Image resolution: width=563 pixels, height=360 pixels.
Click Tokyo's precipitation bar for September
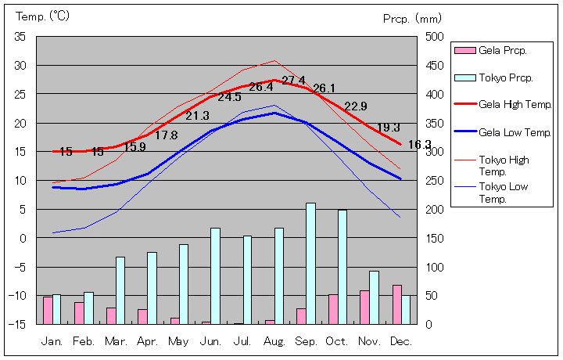point(310,263)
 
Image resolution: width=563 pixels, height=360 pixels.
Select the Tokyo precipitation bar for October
point(342,266)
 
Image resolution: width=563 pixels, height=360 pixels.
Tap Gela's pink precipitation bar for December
point(396,304)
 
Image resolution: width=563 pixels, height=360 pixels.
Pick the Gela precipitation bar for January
point(48,310)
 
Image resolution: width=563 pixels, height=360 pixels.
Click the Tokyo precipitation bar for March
point(120,290)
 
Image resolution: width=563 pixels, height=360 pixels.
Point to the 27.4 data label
point(293,81)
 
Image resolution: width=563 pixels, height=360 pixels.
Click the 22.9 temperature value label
point(356,106)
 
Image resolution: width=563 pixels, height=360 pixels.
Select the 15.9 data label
point(134,146)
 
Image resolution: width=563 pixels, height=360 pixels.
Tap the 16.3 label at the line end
point(419,145)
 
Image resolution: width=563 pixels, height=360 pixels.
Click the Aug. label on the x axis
point(274,342)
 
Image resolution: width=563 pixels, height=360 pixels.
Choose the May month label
point(178,342)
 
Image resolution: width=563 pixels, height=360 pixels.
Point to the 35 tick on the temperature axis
point(20,37)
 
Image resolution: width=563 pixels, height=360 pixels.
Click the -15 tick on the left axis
point(18,323)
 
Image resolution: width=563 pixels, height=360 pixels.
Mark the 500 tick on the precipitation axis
point(436,37)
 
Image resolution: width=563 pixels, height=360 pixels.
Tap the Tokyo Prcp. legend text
point(506,77)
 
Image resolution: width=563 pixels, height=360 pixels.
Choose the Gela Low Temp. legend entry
point(515,132)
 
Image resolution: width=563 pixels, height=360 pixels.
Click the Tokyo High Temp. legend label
point(504,165)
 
